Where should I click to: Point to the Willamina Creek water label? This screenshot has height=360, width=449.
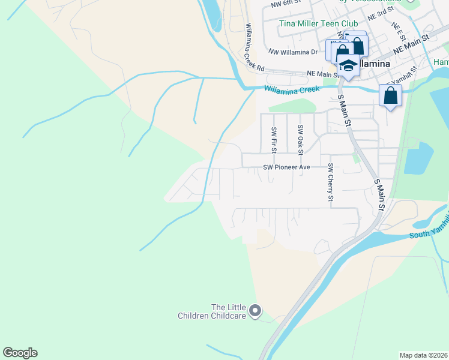pos(292,89)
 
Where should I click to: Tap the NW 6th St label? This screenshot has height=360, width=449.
pos(285,4)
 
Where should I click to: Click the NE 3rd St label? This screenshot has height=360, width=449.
pos(381,13)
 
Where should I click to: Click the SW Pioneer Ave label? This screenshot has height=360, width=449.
pos(287,167)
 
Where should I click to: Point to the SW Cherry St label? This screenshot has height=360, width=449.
pos(330,181)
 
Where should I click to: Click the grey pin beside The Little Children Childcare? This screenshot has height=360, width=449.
pos(255,311)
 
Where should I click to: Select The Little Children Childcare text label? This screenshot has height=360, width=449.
pos(212,311)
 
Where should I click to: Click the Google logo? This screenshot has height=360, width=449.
pos(20,353)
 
